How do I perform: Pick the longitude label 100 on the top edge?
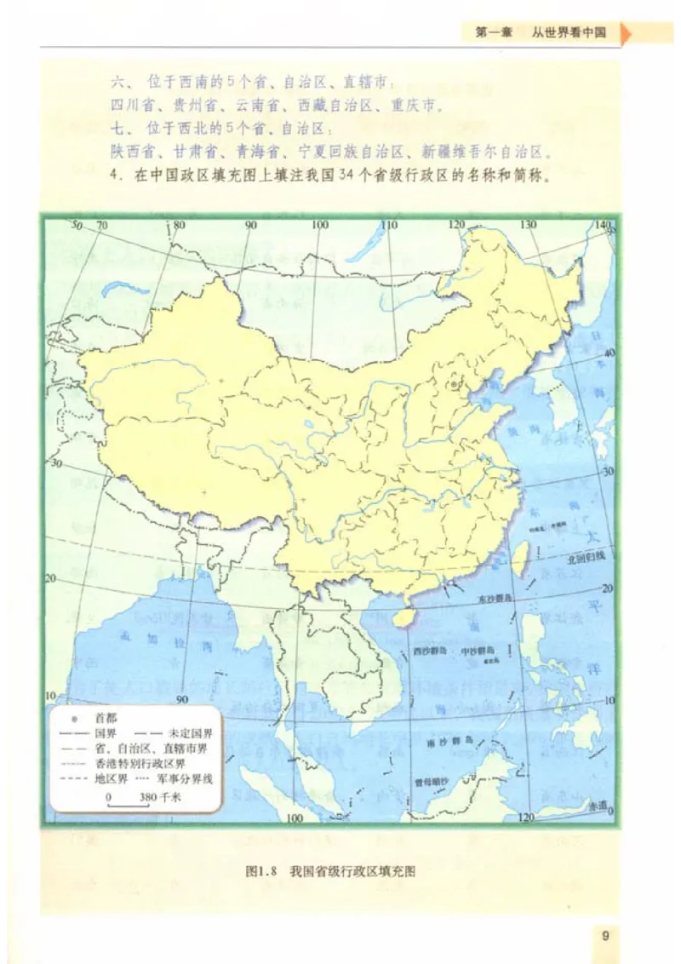point(319,226)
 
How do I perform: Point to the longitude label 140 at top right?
point(604,225)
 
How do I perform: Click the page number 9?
point(605,937)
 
